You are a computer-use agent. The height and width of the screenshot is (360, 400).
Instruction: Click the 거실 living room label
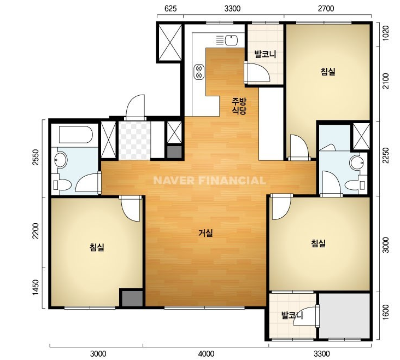point(205,233)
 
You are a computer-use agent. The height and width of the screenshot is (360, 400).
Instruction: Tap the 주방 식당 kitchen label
point(239,106)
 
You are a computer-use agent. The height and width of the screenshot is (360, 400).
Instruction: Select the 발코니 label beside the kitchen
point(266,54)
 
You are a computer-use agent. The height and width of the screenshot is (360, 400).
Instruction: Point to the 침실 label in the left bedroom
point(97,247)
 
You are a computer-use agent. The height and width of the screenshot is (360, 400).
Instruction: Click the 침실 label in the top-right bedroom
point(328,71)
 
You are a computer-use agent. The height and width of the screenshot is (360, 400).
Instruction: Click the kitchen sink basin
point(231,40)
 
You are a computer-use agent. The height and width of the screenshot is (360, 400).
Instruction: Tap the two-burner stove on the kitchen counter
point(199,72)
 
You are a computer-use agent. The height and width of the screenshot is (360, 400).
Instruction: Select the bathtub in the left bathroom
point(75,135)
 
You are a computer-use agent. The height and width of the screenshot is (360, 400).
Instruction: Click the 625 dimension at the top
point(170,9)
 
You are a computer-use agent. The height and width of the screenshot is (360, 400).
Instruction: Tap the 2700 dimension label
point(326,9)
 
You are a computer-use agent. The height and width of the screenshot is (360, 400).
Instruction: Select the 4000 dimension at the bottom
point(206,354)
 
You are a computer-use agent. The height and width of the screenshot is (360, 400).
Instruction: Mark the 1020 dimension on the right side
point(386,33)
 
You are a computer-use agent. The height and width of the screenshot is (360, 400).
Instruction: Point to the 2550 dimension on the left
point(36,157)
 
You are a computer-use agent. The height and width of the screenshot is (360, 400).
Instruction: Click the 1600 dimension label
point(386,312)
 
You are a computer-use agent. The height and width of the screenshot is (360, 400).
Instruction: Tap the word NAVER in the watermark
point(174,181)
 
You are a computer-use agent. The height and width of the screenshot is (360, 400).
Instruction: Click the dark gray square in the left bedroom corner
point(132,298)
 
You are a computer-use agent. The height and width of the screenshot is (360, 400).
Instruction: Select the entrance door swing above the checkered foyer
point(136,106)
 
